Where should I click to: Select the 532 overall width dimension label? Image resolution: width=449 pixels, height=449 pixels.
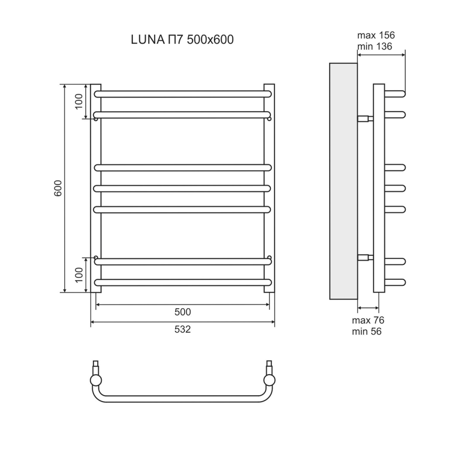182,330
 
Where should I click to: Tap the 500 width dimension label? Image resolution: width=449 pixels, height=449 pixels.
182,312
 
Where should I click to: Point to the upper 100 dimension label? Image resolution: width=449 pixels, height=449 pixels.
78,101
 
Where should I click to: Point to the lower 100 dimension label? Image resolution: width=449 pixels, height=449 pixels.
78,275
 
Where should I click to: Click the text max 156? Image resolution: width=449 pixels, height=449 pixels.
376,35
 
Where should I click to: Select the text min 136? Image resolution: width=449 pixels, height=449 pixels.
374,46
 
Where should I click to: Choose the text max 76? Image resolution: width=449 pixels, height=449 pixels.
368,320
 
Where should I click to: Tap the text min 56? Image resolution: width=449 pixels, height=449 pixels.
367,331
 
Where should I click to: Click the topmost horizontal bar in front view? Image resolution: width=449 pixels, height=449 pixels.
182,94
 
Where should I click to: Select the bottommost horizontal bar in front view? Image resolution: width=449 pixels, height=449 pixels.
182,282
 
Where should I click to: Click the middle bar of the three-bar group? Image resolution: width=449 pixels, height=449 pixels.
182,188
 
